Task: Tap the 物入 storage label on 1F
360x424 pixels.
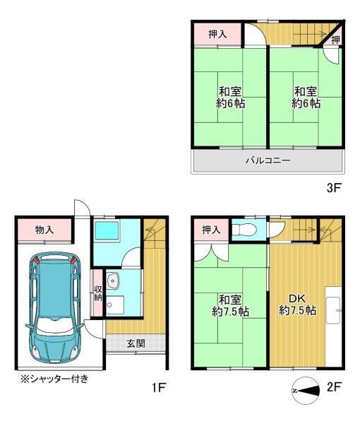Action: tap(44, 230)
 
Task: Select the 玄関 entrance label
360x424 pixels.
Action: tap(136, 343)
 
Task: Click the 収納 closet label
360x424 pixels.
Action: tap(97, 293)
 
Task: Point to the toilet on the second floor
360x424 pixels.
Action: tap(244, 230)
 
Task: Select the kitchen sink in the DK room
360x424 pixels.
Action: tap(333, 310)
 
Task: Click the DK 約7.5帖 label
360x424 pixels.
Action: tap(297, 305)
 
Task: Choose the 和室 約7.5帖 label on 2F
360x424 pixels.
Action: tap(230, 306)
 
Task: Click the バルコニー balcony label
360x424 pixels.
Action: tap(268, 160)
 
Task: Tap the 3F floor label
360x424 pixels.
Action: tap(334, 188)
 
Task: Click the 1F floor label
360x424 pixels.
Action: tap(159, 387)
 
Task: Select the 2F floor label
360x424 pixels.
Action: tap(335, 387)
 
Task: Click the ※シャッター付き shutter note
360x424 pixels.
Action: tap(55, 379)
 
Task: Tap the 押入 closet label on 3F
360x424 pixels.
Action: tap(217, 35)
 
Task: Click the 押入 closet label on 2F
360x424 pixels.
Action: tap(212, 230)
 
